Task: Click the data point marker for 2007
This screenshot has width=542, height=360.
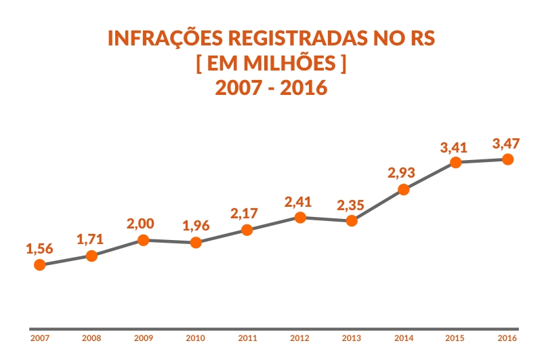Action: point(39,265)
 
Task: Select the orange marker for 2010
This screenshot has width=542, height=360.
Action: point(195,242)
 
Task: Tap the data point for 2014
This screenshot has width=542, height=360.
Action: point(403,189)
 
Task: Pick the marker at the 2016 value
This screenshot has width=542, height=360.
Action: point(507,159)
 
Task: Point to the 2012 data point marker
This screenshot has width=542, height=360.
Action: point(299,217)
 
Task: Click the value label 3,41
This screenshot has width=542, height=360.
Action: point(453,146)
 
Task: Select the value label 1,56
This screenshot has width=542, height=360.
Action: point(39,249)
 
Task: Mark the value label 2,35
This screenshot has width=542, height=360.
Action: point(351,205)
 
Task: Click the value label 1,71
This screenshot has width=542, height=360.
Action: point(90,239)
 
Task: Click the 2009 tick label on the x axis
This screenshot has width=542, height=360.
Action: point(143,338)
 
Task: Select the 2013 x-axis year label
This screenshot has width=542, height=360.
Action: point(351,338)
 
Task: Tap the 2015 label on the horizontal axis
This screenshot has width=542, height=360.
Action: point(455,338)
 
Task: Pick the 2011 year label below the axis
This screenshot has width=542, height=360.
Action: point(247,338)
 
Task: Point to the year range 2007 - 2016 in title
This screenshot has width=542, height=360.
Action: point(271,87)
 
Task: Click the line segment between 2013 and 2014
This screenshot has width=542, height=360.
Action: point(377,205)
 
